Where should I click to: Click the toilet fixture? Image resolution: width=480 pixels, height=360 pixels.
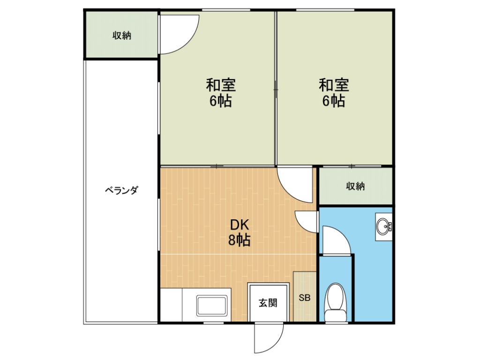[336, 302]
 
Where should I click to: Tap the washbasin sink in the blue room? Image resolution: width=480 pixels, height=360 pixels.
[383, 226]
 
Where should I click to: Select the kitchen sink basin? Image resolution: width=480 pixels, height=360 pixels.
[212, 306]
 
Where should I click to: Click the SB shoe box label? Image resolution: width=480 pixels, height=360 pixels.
[305, 297]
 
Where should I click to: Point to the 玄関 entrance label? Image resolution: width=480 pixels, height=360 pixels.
[268, 303]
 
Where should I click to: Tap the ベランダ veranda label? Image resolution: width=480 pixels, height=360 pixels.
[121, 190]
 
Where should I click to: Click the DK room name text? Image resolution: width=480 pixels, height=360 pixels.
[240, 225]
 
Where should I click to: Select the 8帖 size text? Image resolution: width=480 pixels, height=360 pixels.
[240, 240]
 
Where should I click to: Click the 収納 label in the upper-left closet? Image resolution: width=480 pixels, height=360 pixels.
[122, 36]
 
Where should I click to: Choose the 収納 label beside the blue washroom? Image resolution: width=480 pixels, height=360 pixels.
[355, 186]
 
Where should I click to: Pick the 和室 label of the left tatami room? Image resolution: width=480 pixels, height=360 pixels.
[221, 85]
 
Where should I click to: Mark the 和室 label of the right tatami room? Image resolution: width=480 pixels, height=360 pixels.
[334, 85]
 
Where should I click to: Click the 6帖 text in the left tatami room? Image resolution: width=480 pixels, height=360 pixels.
[221, 101]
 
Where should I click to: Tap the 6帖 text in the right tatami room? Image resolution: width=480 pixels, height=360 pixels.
[334, 101]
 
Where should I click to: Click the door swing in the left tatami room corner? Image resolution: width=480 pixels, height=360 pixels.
[188, 43]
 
